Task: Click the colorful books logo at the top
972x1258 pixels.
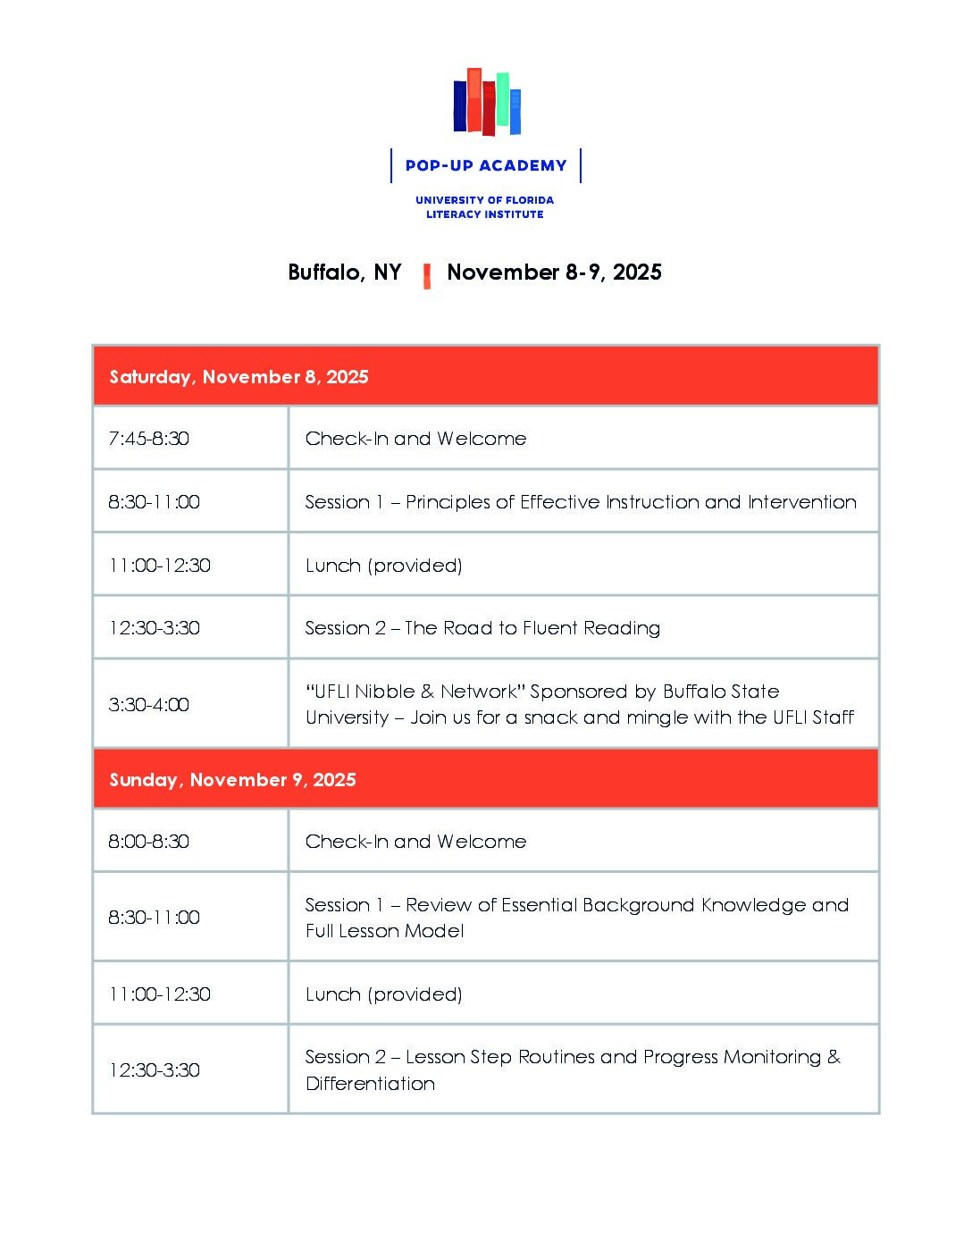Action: pos(487,102)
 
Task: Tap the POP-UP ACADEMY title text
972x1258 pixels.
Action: pos(486,165)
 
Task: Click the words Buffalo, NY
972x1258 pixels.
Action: pos(345,273)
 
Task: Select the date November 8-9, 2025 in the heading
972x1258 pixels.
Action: pos(554,273)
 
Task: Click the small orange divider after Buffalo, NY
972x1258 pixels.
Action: pos(427,275)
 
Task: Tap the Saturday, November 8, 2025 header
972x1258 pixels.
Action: pos(239,377)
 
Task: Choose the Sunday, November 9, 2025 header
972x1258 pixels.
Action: pos(232,780)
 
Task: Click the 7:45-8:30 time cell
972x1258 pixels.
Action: pos(149,439)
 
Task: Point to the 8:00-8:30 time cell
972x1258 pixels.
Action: pos(149,842)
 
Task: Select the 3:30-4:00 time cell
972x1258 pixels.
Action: pos(149,705)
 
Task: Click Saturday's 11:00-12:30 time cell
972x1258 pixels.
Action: pos(160,566)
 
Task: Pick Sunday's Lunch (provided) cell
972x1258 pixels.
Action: pos(384,994)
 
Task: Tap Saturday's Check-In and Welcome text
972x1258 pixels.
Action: pos(415,439)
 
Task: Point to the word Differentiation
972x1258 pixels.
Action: pos(371,1084)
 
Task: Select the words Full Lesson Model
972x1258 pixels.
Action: pos(385,931)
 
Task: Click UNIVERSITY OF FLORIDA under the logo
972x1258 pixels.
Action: pos(484,200)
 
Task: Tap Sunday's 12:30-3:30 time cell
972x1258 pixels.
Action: pos(155,1070)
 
